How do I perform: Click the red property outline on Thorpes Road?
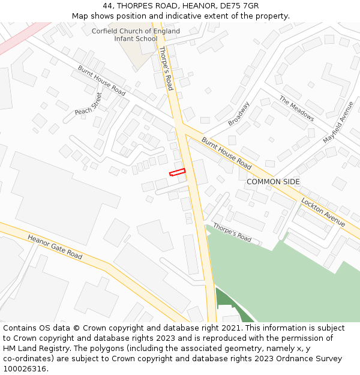(x=177, y=173)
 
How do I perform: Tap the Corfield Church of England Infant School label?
(x=136, y=35)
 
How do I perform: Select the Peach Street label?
(x=88, y=103)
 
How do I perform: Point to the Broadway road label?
(x=239, y=113)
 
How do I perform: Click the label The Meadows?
(x=296, y=109)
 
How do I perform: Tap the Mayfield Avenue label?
(x=338, y=122)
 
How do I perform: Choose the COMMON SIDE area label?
(x=273, y=182)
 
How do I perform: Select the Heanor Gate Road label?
(x=55, y=247)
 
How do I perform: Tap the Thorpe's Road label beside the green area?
(x=232, y=232)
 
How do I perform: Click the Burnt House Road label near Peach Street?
(x=101, y=80)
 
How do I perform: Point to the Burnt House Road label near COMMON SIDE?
(x=226, y=153)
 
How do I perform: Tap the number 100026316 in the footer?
(x=25, y=369)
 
